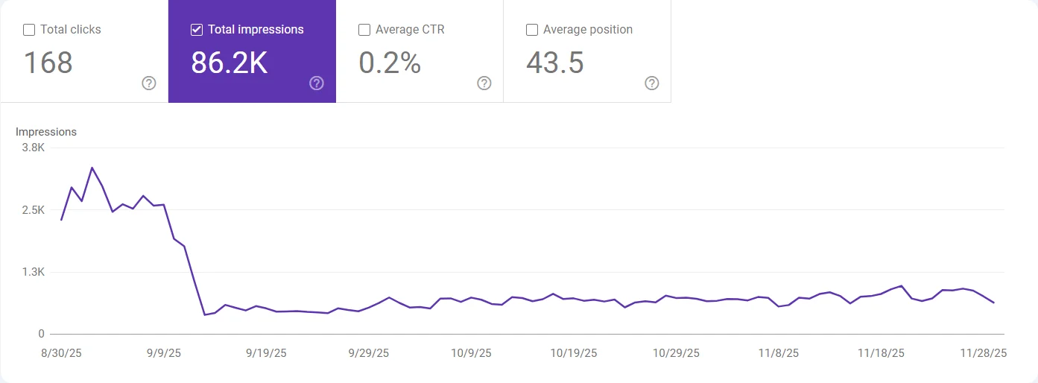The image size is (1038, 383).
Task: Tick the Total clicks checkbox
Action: [29, 30]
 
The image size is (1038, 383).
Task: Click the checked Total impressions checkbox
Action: [197, 30]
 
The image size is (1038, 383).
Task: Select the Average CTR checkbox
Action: [364, 30]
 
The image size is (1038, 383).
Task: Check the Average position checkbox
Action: [532, 30]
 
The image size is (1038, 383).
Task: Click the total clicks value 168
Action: [48, 63]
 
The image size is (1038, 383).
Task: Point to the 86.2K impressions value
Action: [229, 63]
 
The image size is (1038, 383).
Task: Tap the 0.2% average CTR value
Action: [390, 63]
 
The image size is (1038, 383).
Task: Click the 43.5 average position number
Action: [555, 63]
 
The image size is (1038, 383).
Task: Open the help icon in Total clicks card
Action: [149, 83]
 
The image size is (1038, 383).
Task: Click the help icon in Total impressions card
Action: [317, 83]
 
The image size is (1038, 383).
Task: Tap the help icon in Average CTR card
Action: [484, 83]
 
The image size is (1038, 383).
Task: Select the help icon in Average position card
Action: [652, 83]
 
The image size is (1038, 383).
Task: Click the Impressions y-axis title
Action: [46, 132]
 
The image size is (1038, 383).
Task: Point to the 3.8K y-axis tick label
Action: [34, 148]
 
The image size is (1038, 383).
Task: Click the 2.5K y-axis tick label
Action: [34, 210]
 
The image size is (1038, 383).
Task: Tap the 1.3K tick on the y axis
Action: [34, 272]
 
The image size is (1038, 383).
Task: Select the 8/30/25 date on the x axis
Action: [62, 352]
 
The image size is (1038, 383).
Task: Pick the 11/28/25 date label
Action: [984, 352]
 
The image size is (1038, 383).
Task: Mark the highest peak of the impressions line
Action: [92, 168]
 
